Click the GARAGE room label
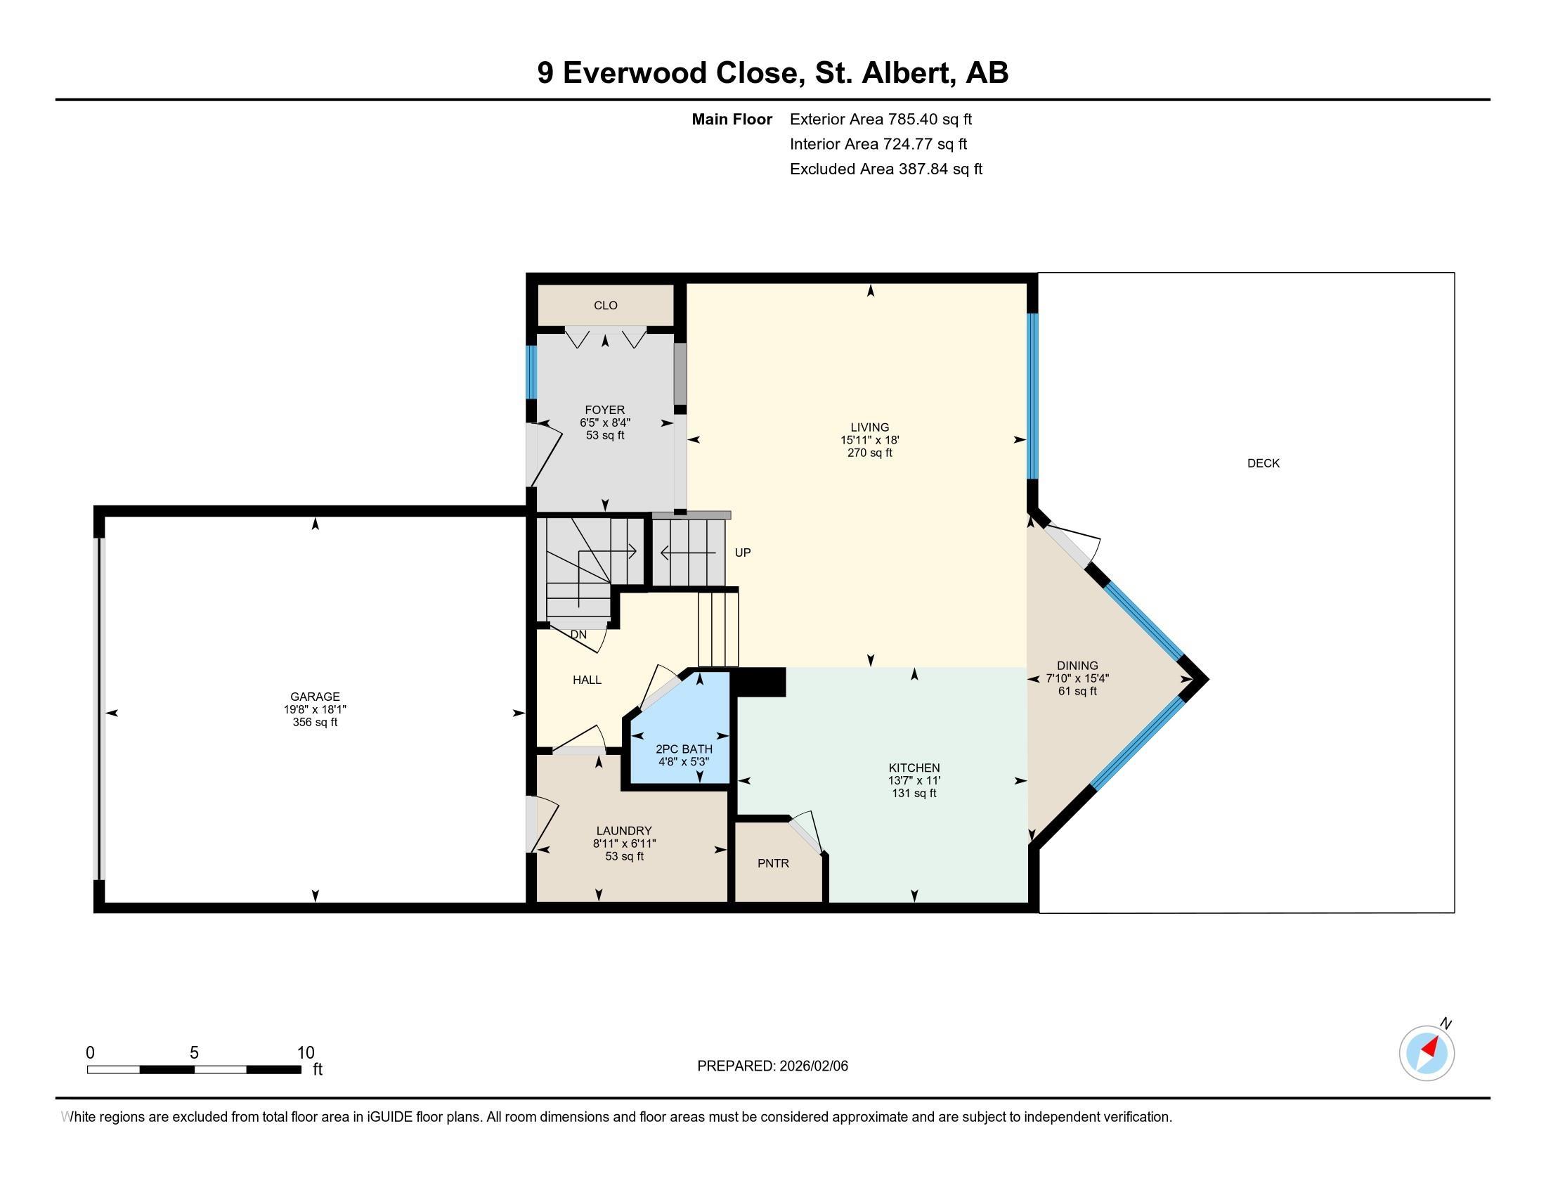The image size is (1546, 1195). tap(315, 697)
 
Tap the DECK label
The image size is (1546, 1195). tap(1264, 463)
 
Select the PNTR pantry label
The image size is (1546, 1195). tap(773, 864)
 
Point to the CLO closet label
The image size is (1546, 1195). tap(605, 305)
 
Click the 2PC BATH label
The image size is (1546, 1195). tap(684, 749)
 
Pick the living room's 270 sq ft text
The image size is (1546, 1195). tap(870, 453)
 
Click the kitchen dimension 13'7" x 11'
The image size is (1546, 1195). tap(914, 780)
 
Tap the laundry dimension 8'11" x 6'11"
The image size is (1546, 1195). tap(624, 844)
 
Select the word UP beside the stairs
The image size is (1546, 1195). tap(743, 553)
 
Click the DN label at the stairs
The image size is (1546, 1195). tap(578, 635)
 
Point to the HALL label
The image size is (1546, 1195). tap(587, 680)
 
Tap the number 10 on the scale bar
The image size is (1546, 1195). tap(305, 1053)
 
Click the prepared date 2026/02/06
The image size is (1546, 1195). tap(813, 1066)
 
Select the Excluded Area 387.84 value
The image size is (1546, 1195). tap(923, 169)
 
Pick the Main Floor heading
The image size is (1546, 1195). tap(732, 119)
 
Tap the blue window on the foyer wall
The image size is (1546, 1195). tap(531, 373)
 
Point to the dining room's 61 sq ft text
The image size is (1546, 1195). tap(1077, 691)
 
